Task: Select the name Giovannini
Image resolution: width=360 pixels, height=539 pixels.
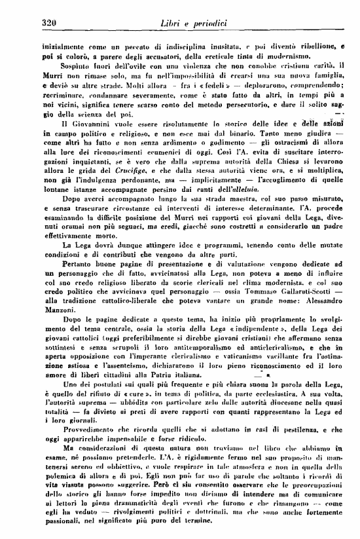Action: [77, 124]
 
